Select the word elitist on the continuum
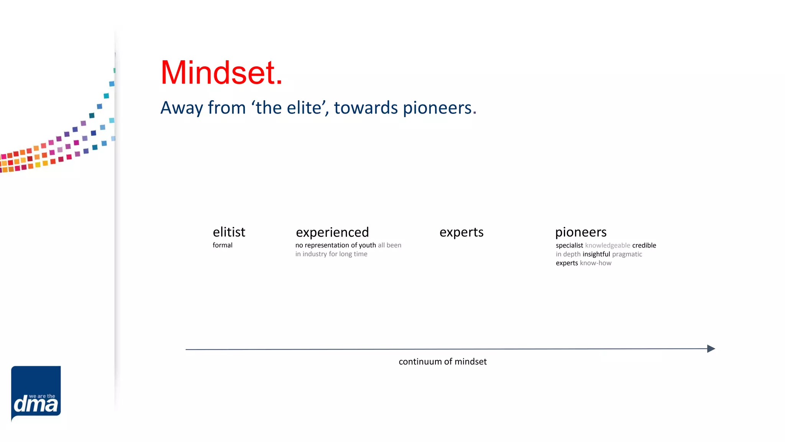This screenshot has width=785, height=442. point(229,232)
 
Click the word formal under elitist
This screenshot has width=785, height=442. point(222,245)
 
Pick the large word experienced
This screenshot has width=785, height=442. point(332,233)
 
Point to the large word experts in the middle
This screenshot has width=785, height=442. point(461,232)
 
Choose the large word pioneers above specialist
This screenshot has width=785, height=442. point(580,232)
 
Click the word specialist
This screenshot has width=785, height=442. point(569,246)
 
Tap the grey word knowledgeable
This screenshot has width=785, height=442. point(607,246)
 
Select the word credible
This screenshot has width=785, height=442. point(644,246)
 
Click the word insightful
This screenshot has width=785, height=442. point(596,254)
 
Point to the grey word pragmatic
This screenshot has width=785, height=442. point(627,254)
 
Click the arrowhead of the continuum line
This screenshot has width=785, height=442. point(711,348)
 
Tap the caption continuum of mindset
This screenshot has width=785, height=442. point(442,361)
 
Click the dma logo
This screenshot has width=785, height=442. point(36,393)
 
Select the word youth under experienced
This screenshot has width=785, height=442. point(367,246)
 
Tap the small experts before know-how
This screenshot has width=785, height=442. point(567,263)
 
